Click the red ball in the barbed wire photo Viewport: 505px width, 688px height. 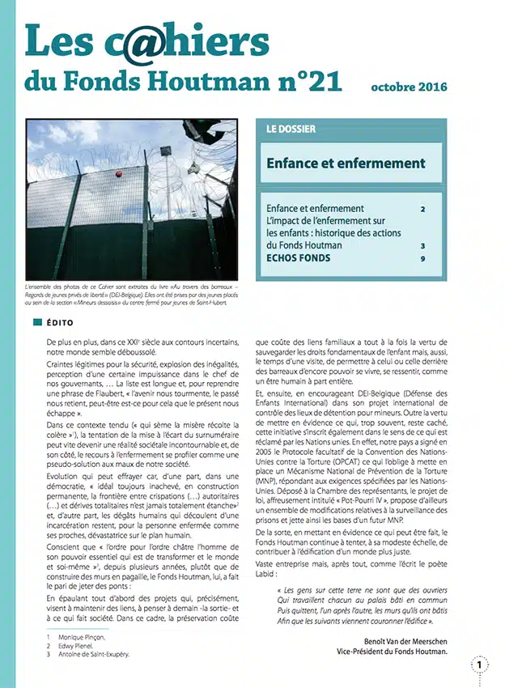(x=118, y=175)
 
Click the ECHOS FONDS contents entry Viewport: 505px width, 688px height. (x=299, y=259)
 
